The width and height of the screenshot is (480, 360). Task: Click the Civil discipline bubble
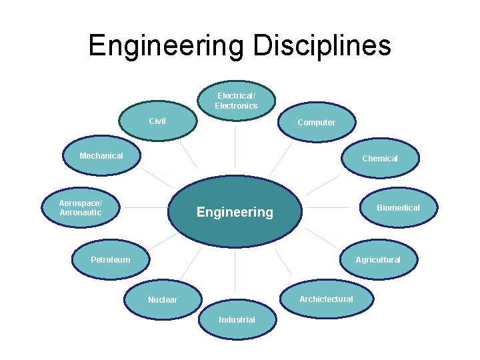(x=158, y=121)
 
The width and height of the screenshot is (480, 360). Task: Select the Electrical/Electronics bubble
(x=236, y=101)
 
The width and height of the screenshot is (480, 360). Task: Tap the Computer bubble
(x=317, y=122)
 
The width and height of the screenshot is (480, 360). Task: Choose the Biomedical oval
(x=398, y=207)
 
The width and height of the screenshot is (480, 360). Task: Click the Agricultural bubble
(x=377, y=259)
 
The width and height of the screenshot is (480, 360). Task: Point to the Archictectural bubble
(x=326, y=299)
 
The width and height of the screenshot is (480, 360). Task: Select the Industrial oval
(x=237, y=319)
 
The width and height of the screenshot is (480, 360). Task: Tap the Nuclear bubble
(x=163, y=299)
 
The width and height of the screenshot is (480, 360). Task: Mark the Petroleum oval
(x=111, y=259)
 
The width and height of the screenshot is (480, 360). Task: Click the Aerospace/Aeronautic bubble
(x=81, y=207)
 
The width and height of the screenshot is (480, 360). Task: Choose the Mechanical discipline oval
(x=101, y=156)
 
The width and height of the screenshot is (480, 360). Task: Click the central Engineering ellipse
(x=235, y=212)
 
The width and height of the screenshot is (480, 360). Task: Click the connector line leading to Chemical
(x=323, y=184)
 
